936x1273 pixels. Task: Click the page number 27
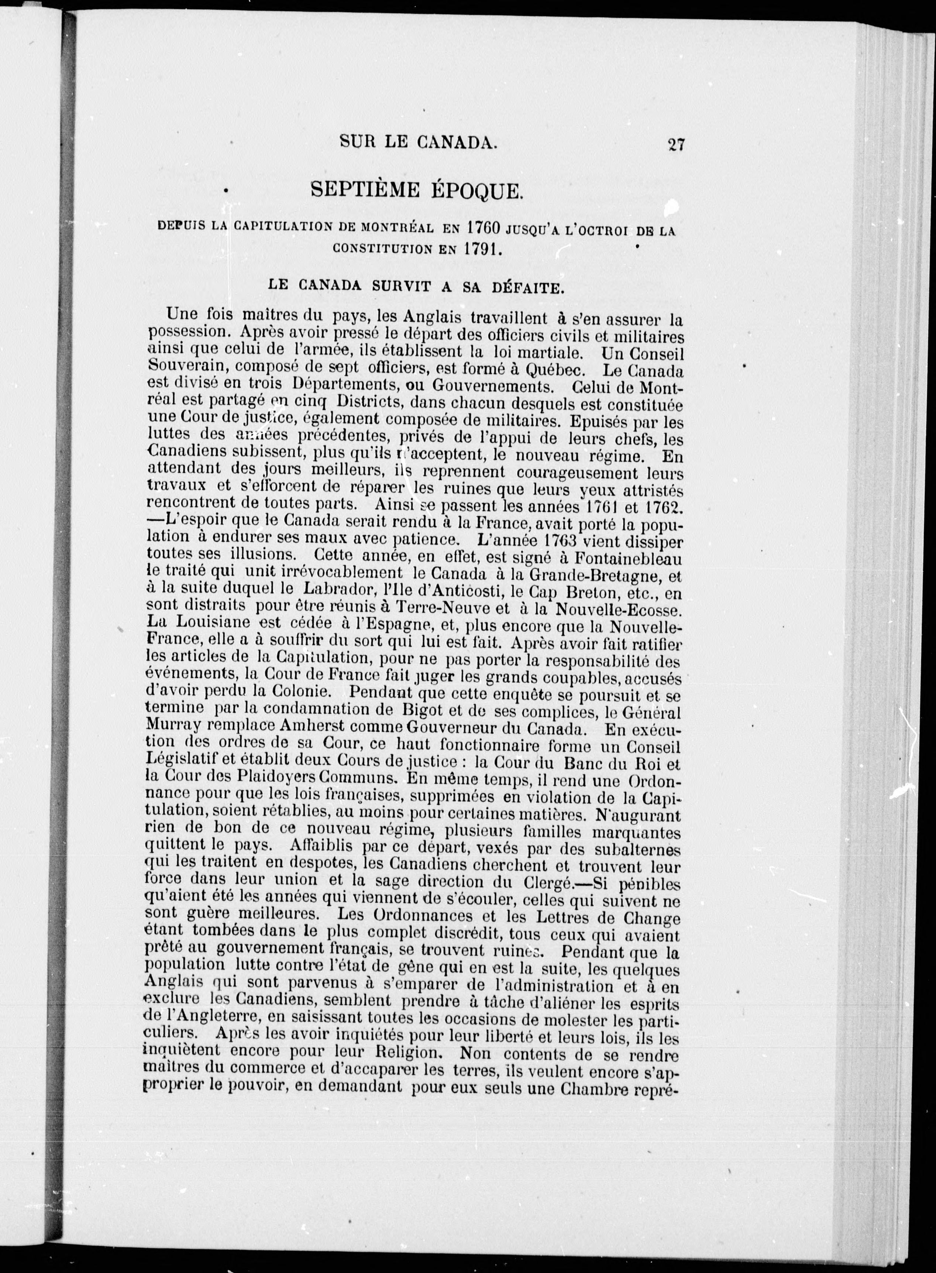click(x=677, y=144)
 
